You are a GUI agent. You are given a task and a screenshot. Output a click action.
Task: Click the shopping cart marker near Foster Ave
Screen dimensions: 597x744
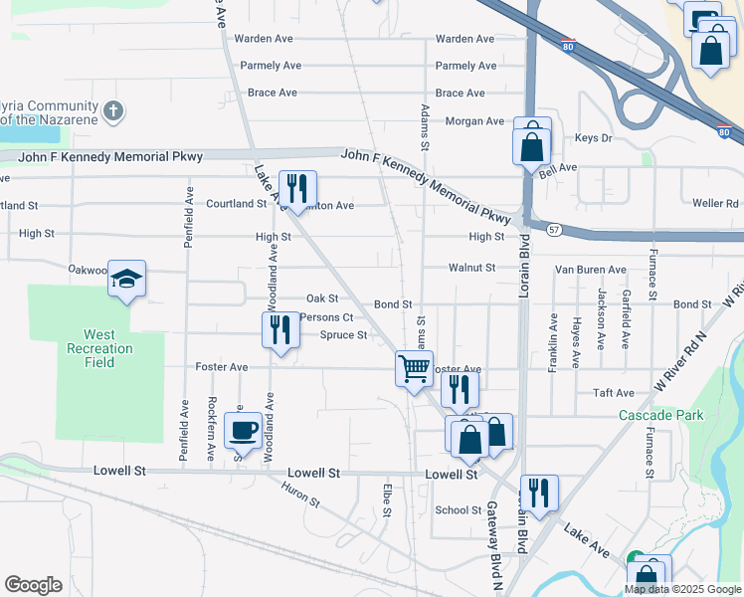(x=413, y=369)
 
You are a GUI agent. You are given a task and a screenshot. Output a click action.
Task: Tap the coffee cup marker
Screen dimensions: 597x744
(x=242, y=431)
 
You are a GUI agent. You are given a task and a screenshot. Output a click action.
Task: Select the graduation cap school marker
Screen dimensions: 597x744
(x=127, y=280)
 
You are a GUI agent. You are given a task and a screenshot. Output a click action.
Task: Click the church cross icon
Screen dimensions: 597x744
(x=113, y=108)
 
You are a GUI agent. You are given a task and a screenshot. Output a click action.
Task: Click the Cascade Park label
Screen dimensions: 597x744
(x=660, y=415)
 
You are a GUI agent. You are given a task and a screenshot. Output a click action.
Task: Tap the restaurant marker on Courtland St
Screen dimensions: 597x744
(x=297, y=188)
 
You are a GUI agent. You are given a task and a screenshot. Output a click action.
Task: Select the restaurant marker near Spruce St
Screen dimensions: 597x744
(x=280, y=329)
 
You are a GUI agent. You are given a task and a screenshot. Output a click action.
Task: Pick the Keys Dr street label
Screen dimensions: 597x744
(x=594, y=138)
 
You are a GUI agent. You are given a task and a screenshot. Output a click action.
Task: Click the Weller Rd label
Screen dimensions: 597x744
(x=716, y=203)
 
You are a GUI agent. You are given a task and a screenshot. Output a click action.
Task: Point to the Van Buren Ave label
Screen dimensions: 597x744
(x=590, y=270)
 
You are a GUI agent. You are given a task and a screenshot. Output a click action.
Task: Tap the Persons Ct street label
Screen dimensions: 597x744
(x=326, y=317)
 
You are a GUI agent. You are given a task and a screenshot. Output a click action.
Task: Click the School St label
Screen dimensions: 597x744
(x=459, y=510)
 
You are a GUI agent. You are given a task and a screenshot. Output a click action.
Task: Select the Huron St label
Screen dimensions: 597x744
(x=300, y=495)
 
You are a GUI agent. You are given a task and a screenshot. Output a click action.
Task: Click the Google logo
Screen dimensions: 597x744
(x=34, y=585)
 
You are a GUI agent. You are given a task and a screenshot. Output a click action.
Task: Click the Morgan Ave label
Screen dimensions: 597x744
(x=474, y=121)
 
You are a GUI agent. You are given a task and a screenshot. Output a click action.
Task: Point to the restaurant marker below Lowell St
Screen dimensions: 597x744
(x=538, y=493)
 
